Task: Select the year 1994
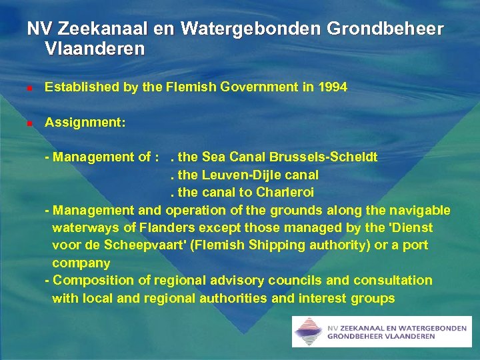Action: pyautogui.click(x=332, y=87)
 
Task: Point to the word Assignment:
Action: pyautogui.click(x=85, y=123)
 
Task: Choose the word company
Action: pyautogui.click(x=81, y=263)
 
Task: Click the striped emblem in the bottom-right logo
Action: pyautogui.click(x=307, y=331)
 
